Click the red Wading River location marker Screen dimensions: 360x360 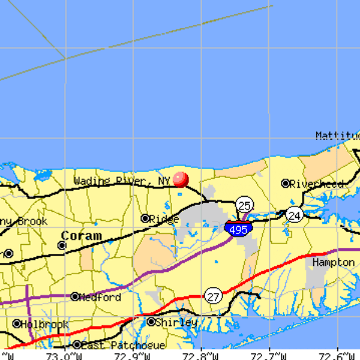(x=181, y=179)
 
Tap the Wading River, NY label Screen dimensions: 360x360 (x=122, y=181)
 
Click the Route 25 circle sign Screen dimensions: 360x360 (x=244, y=205)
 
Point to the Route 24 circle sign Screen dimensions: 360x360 (x=294, y=215)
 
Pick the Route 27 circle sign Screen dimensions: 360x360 (x=213, y=296)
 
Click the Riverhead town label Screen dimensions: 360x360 (x=317, y=184)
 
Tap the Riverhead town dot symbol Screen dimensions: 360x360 (x=286, y=184)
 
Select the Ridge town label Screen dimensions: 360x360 (x=164, y=219)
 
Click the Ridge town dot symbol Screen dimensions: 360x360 (x=145, y=218)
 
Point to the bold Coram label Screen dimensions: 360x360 (x=81, y=236)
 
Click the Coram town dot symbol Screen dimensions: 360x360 (x=62, y=245)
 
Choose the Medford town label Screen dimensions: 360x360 (x=100, y=298)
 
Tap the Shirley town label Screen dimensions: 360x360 (x=176, y=322)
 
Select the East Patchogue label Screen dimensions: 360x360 (x=123, y=346)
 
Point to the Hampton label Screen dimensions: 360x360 (x=333, y=263)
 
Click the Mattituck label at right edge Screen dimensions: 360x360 (x=337, y=136)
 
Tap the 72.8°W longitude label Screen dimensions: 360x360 (x=201, y=356)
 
